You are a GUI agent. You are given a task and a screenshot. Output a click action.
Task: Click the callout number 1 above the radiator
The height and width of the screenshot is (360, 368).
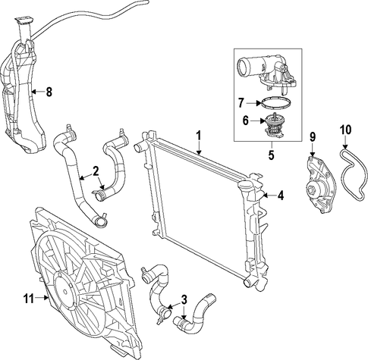[199, 136]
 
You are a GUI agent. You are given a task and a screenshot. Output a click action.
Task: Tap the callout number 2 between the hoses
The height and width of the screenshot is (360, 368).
[96, 171]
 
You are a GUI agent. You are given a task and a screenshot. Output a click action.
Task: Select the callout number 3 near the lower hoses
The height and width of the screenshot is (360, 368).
[184, 300]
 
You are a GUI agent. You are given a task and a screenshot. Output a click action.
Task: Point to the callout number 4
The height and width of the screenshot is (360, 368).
[281, 196]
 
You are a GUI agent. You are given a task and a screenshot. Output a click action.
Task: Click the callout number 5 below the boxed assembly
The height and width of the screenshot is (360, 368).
[272, 155]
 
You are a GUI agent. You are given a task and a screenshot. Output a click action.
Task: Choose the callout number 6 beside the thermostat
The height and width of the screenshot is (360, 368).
[246, 121]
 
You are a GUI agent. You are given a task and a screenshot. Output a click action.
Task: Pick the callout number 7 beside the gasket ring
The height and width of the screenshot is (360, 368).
[241, 103]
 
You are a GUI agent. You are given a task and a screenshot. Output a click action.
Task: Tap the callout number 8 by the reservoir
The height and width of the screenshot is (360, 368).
[49, 92]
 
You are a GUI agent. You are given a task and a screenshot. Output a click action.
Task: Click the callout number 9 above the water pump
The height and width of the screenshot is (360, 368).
[313, 137]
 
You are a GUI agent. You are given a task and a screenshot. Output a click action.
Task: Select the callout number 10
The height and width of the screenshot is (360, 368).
[346, 130]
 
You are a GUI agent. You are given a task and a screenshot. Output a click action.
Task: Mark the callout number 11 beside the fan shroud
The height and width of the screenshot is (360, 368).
[29, 299]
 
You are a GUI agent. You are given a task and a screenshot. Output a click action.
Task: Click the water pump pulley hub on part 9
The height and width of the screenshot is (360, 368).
[313, 189]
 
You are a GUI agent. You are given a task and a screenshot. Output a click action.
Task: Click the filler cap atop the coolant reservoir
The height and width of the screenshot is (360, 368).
[24, 20]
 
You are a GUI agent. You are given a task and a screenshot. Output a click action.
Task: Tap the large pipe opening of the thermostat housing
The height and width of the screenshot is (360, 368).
[244, 67]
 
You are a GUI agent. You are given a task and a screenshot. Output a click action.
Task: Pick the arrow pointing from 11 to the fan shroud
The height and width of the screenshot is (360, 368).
[42, 299]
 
